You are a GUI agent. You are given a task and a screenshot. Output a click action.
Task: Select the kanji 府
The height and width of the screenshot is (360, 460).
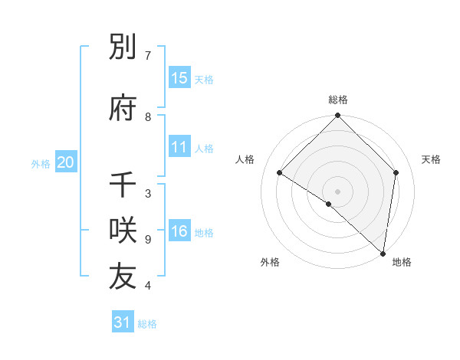pos(123,108)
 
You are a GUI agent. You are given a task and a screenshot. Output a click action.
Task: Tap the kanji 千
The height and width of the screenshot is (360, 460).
pos(123,185)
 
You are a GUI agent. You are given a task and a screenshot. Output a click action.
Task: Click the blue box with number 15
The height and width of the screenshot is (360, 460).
pos(179,78)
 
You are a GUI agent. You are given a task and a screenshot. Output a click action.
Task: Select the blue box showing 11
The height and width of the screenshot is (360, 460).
pos(179,147)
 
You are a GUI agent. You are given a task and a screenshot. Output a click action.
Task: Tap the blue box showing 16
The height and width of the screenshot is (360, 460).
pos(179,232)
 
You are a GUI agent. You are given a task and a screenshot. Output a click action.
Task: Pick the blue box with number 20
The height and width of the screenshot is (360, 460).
pos(66,162)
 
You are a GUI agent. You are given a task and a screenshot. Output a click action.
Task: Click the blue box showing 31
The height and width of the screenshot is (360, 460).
pos(123,322)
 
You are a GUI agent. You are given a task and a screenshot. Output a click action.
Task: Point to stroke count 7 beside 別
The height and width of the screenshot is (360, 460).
pos(148,56)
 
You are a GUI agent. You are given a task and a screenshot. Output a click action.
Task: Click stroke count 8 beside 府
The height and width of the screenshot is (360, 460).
pos(148,117)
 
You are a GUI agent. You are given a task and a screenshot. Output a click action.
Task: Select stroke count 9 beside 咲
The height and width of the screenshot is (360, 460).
pos(148,240)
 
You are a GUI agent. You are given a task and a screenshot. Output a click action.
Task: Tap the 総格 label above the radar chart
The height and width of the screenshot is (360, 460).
pos(337,100)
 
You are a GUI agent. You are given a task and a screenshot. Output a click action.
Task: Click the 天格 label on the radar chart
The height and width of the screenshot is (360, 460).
pos(431,159)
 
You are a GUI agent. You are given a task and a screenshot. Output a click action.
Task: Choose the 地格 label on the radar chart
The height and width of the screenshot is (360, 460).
pos(402,262)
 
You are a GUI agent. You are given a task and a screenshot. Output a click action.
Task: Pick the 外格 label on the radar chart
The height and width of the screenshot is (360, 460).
pos(270,262)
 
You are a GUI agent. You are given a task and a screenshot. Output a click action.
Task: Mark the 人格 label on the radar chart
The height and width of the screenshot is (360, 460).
pos(245,159)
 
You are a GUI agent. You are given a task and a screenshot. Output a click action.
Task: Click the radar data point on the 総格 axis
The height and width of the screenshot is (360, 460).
pos(337,116)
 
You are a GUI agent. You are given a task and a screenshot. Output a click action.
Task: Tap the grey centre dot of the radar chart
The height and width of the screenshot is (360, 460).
pos(337,191)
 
